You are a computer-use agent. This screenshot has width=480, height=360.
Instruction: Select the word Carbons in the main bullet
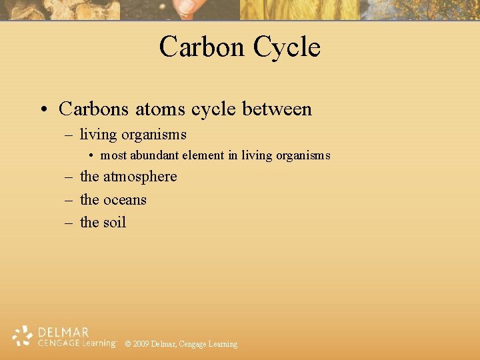tap(94, 109)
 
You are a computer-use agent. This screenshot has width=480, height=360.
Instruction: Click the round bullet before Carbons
tap(43, 109)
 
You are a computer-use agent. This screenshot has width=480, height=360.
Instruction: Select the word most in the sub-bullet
tap(113, 155)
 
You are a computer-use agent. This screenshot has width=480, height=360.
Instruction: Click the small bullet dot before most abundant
tap(92, 156)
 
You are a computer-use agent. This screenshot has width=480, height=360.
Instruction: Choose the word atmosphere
tap(140, 177)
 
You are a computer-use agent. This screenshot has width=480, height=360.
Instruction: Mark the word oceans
tap(125, 199)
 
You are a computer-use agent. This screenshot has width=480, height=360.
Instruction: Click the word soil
tap(115, 222)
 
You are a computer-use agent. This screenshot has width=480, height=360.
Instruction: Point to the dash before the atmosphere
tap(69, 177)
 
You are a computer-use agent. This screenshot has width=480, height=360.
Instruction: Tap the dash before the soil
tap(69, 223)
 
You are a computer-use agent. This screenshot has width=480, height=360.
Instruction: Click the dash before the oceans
tap(69, 200)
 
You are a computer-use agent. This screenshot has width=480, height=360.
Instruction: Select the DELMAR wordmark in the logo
tap(63, 332)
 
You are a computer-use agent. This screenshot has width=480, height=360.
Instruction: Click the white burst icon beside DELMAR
tap(23, 336)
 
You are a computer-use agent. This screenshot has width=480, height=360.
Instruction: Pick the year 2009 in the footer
tap(141, 344)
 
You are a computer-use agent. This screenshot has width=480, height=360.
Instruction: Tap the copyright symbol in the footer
tap(128, 344)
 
